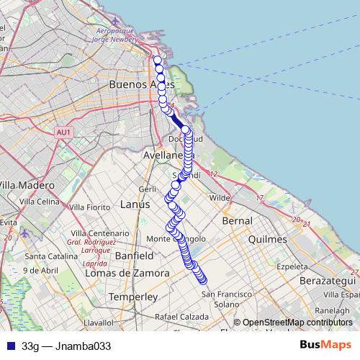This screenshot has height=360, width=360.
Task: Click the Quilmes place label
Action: (267, 238)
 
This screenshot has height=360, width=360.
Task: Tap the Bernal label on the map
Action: (238, 220)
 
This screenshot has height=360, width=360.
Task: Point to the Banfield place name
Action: (134, 256)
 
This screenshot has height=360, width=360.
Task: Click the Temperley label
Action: (132, 297)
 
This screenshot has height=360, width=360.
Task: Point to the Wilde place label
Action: (219, 197)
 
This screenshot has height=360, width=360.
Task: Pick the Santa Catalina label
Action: (45, 256)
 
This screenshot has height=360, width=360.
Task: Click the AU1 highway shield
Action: (64, 132)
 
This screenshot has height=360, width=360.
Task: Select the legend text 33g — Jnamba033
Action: (67, 346)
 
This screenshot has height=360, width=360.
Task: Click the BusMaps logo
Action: (325, 345)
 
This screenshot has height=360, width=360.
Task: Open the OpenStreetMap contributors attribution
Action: (297, 323)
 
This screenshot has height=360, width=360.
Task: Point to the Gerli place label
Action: (148, 189)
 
